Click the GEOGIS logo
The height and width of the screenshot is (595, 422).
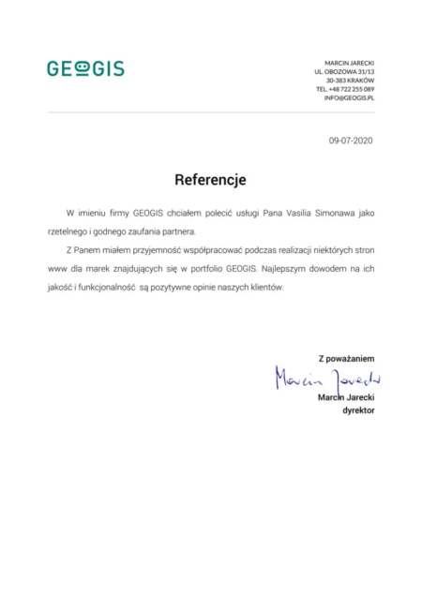click(x=85, y=68)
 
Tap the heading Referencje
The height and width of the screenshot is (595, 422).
click(x=210, y=178)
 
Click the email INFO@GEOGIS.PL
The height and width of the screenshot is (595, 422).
click(x=350, y=98)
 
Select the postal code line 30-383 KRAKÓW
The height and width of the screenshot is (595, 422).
click(x=350, y=80)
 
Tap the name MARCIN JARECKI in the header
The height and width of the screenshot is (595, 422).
click(x=349, y=62)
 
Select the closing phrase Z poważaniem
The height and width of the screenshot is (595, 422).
click(x=346, y=358)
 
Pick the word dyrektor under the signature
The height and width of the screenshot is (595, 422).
click(x=355, y=409)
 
